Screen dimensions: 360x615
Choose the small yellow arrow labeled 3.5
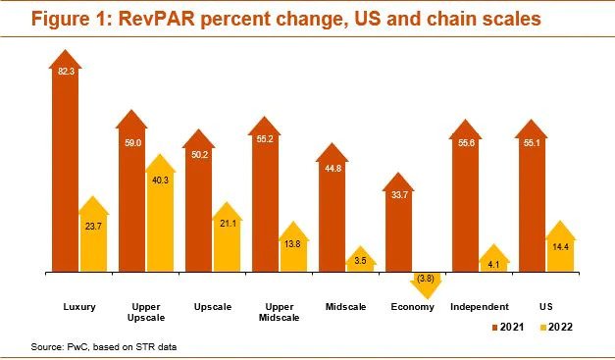click(360, 261)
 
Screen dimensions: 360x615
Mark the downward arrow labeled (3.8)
click(427, 279)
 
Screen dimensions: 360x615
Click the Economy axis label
click(413, 307)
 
